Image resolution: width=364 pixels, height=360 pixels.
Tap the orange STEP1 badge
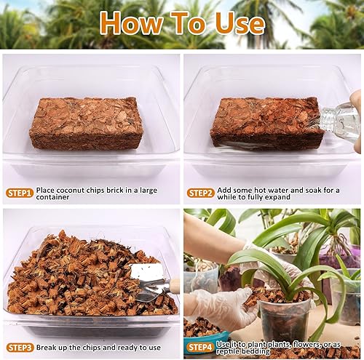20,193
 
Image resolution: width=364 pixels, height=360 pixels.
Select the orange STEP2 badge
201,193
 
